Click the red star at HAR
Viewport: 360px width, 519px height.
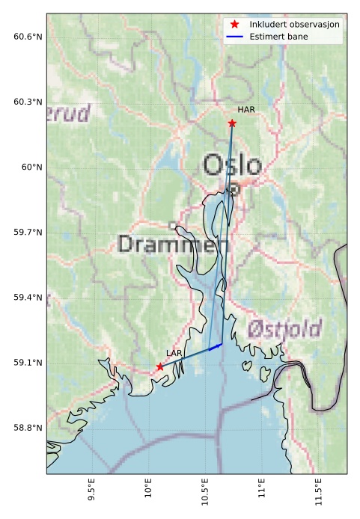tap(232, 123)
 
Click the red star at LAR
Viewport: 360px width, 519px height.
tap(160, 366)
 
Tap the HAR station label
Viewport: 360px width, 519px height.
tap(246, 110)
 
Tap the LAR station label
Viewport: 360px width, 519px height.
tap(174, 352)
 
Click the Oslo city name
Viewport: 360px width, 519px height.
tap(233, 165)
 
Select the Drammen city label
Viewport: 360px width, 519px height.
tap(173, 244)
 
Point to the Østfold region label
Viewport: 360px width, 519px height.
tap(284, 328)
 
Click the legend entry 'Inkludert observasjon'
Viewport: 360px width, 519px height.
tap(294, 25)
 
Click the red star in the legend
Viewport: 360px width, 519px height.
tap(236, 25)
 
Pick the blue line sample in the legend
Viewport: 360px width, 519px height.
tap(236, 36)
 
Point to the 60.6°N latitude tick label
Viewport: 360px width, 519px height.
tap(28, 37)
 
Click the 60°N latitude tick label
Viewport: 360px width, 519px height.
tap(31, 168)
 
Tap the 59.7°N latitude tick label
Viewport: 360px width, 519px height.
tap(28, 233)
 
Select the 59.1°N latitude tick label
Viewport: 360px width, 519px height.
tap(28, 363)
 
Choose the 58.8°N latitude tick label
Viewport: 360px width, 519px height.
tap(28, 429)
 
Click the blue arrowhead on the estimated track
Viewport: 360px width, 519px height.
tap(218, 345)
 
